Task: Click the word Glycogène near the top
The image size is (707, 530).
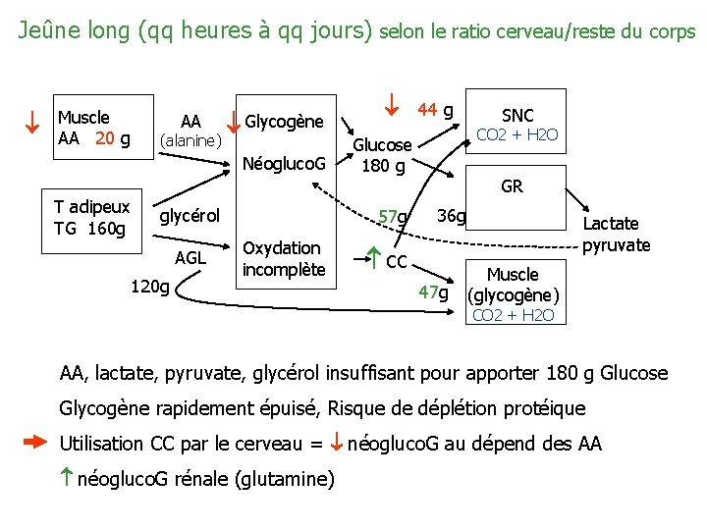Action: (x=284, y=122)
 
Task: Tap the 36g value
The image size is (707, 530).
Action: (x=452, y=215)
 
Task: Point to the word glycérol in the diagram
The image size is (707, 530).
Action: (x=190, y=216)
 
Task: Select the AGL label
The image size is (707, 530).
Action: (x=190, y=258)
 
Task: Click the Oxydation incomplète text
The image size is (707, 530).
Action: (x=283, y=259)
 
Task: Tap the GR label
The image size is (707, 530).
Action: (x=512, y=186)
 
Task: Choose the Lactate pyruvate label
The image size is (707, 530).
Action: (x=616, y=235)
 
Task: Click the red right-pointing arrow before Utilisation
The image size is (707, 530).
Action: (x=34, y=443)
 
